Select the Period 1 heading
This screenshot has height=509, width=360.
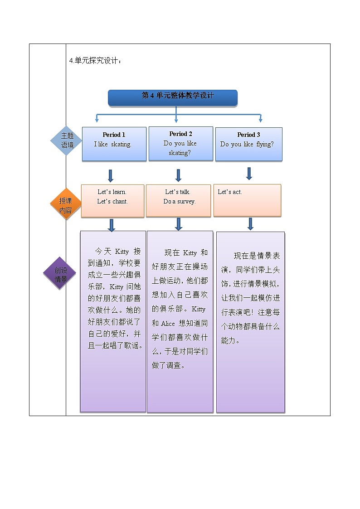pos(114,135)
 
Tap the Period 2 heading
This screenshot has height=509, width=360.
pos(180,134)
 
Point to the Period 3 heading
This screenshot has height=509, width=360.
pos(248,135)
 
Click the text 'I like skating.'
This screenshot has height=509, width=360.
pos(112,144)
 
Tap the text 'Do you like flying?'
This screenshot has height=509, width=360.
pos(247,144)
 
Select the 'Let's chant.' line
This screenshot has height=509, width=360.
pos(112,201)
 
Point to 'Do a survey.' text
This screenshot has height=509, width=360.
pos(180,201)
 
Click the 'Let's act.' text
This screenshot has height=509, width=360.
pos(230,192)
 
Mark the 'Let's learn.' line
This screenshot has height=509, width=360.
pos(112,192)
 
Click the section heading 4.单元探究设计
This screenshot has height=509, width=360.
pos(95,61)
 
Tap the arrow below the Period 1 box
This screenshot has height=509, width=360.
pos(110,175)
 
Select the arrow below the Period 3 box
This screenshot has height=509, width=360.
pos(249,173)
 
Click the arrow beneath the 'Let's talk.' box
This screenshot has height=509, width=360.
pos(179,223)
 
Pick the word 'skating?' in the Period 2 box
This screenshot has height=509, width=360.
pos(180,153)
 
